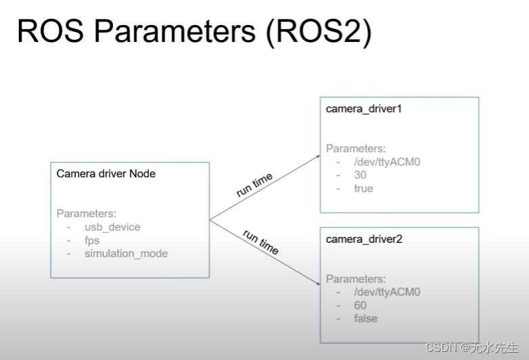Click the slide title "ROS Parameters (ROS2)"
point(193,32)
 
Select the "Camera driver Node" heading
point(106,174)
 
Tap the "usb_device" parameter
point(112,227)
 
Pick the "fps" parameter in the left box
point(92,240)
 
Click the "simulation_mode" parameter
point(126,254)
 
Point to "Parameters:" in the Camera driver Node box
point(86,213)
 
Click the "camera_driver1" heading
point(364,109)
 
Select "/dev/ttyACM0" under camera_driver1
point(387,162)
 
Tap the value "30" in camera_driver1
point(361,175)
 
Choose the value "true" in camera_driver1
point(363,188)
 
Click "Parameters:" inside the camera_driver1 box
point(356,148)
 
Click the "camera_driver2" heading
point(364,239)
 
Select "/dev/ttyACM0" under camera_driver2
point(387,292)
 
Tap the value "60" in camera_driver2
point(361,305)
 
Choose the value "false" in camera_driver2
point(365,318)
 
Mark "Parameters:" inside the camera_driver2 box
point(356,278)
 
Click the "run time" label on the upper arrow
point(254,185)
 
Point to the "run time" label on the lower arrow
point(260,242)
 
